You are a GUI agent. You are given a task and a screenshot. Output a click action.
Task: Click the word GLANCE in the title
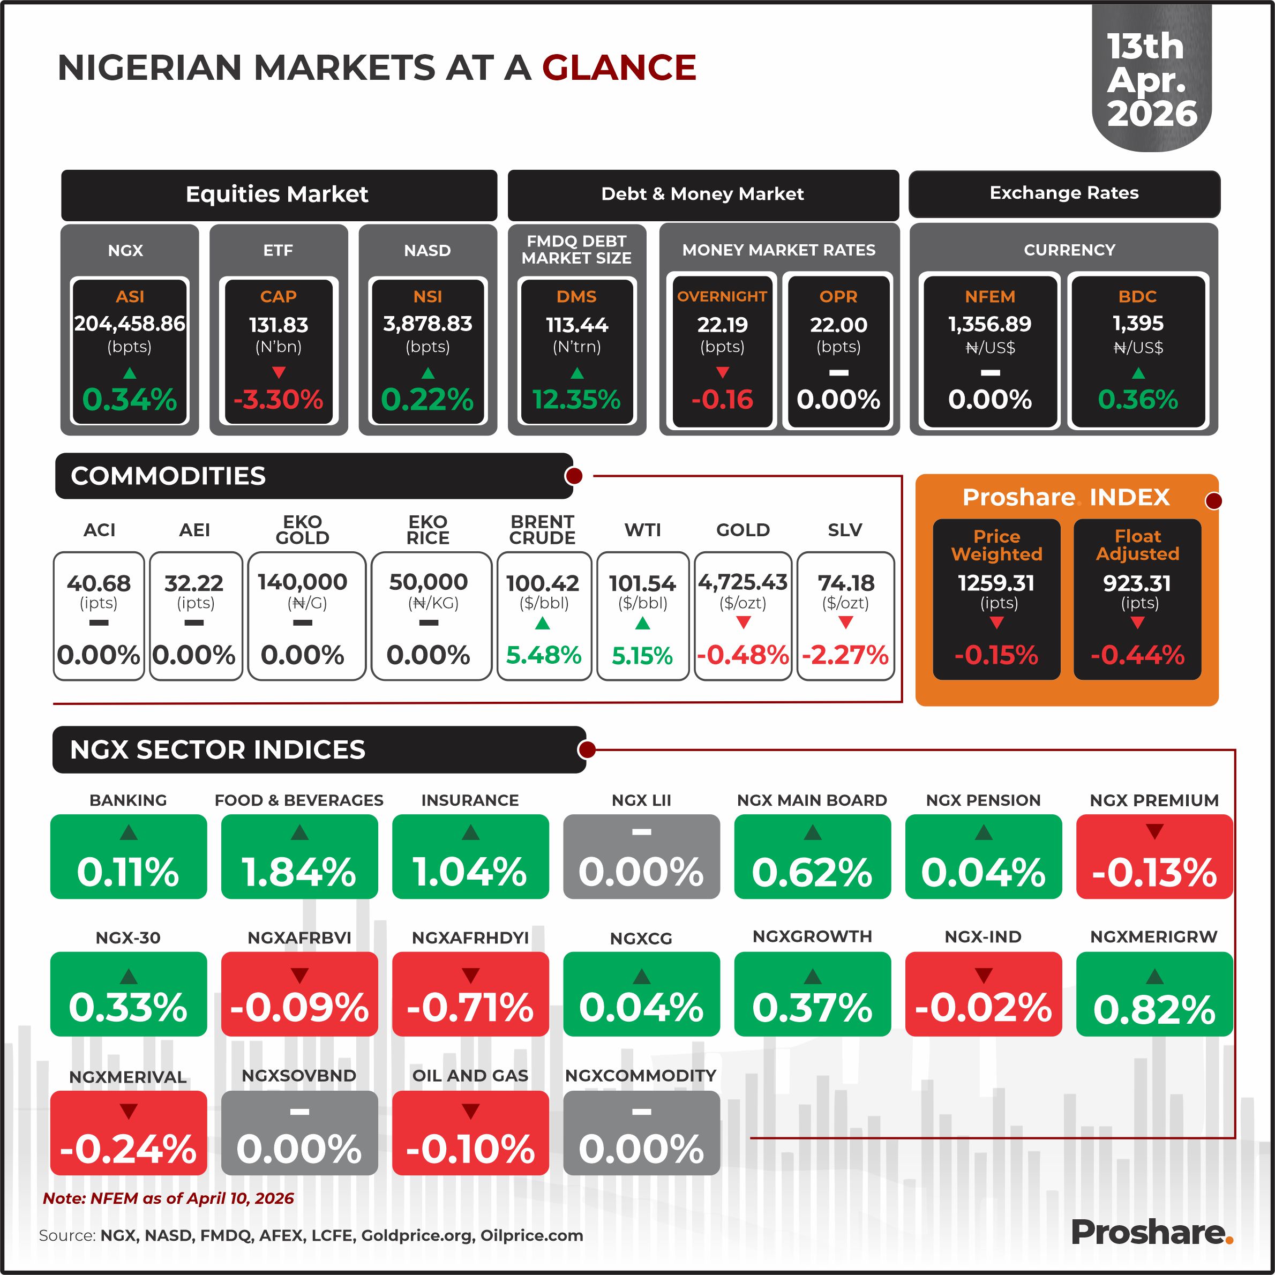tap(619, 67)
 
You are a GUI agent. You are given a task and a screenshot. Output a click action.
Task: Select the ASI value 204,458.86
tap(129, 324)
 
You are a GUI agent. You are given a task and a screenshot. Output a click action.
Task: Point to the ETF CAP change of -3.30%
tap(279, 399)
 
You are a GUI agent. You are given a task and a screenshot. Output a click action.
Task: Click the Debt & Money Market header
tap(702, 194)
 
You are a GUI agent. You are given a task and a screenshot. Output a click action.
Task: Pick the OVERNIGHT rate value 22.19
tap(722, 324)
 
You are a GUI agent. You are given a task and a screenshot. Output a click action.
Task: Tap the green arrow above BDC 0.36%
tap(1138, 373)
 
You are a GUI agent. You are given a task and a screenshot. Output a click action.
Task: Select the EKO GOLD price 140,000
tap(302, 582)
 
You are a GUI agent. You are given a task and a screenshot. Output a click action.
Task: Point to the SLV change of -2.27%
tap(845, 655)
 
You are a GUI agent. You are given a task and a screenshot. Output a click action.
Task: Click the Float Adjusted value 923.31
tap(1137, 583)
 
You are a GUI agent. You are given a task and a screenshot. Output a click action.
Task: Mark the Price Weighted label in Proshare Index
tap(996, 545)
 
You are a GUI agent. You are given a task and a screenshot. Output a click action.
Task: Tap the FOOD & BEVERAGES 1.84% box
tap(299, 857)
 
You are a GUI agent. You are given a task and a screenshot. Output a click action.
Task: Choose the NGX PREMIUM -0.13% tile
tap(1154, 857)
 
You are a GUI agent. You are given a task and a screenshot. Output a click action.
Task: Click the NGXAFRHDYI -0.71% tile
tap(470, 994)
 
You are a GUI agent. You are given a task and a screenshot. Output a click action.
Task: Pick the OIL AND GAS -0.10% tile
tap(470, 1132)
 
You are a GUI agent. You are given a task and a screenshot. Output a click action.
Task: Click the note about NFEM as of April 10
tap(168, 1198)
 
